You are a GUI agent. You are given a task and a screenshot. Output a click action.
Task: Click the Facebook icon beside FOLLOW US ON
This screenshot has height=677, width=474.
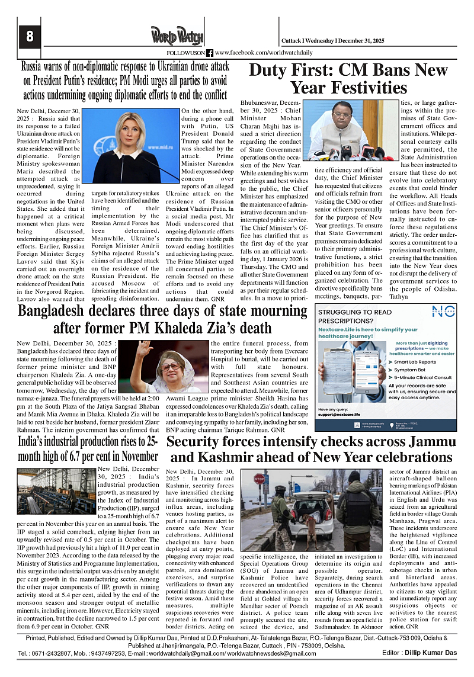point(210,53)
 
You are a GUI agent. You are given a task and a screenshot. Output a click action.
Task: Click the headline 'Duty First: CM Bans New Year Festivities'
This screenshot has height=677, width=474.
point(348,79)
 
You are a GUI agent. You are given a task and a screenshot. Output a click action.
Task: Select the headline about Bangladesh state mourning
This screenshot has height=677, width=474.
point(162,319)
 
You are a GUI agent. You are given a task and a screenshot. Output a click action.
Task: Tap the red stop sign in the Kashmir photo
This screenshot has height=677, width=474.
point(260,478)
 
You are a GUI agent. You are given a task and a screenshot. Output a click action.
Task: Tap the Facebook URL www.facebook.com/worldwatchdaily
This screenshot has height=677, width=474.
point(264,53)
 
